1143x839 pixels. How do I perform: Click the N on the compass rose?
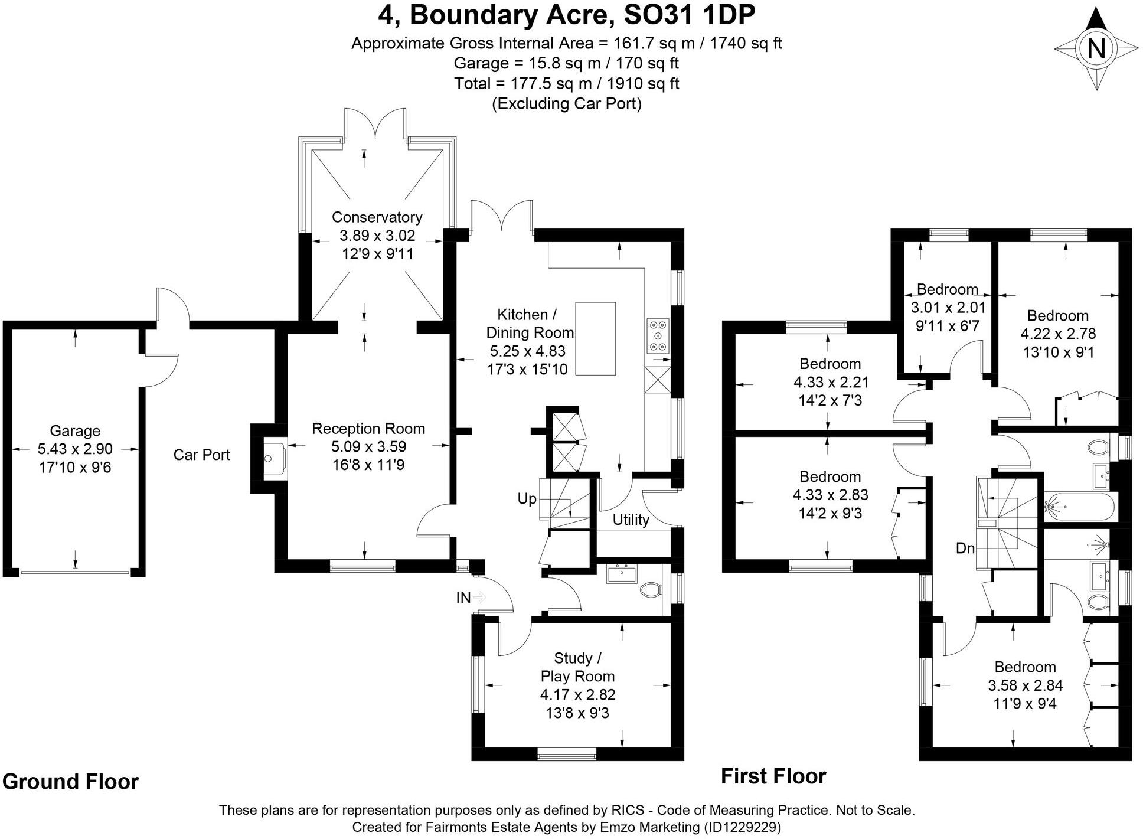(1096, 48)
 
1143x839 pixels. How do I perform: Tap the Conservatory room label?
(377, 217)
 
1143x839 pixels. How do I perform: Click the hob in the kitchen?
(658, 335)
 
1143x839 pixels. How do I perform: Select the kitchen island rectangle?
(595, 338)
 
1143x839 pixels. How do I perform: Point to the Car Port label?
(201, 455)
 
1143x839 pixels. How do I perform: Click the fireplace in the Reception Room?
(273, 458)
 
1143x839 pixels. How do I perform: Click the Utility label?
(631, 520)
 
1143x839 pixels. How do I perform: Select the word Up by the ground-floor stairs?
(527, 499)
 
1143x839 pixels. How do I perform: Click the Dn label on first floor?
(965, 549)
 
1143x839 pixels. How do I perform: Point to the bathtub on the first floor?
(1079, 506)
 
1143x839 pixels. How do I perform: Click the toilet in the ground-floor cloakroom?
(651, 589)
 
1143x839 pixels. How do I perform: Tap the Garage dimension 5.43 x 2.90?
(75, 449)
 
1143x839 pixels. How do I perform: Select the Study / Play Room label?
(577, 667)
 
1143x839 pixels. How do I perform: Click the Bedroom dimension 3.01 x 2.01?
(948, 308)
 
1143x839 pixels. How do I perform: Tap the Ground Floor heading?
(70, 781)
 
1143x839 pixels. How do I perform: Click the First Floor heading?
(773, 776)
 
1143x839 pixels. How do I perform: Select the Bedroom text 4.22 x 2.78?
(1058, 334)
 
